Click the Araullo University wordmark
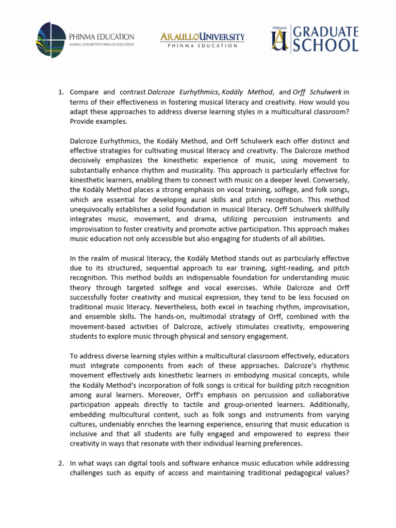coord(203,37)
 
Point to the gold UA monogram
coord(279,39)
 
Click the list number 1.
coord(60,92)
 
